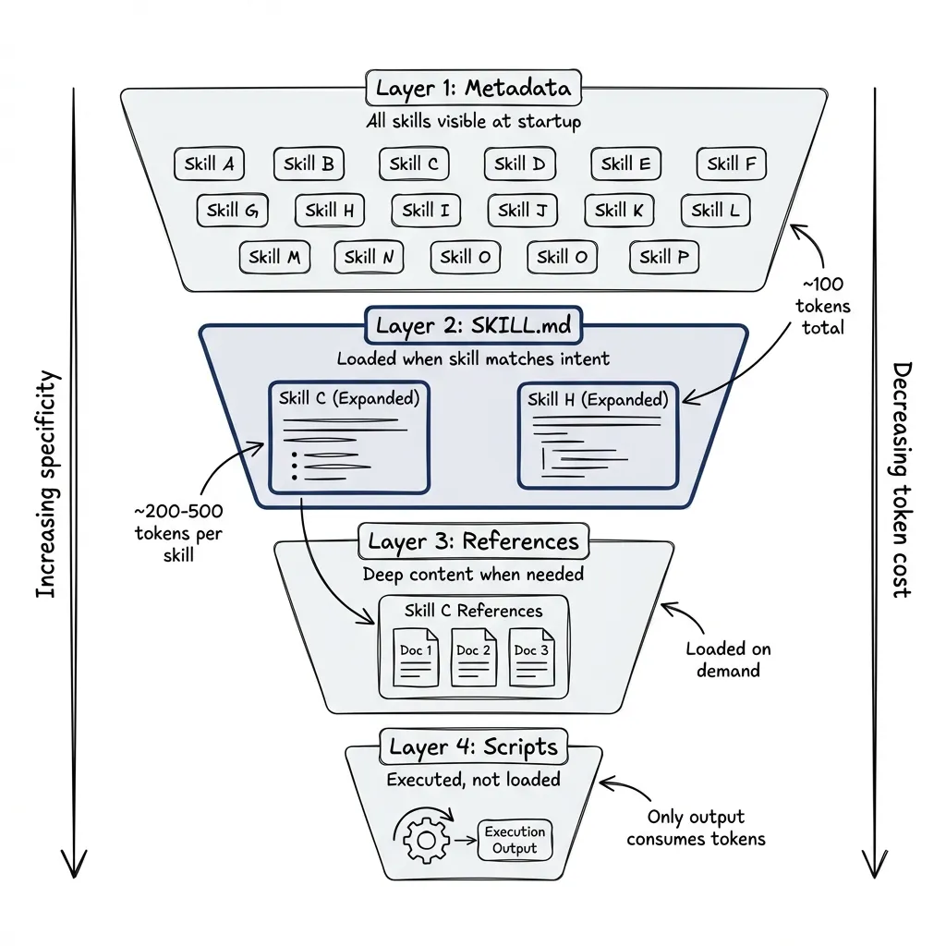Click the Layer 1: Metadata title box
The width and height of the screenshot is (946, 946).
[474, 89]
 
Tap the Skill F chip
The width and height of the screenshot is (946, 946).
[731, 164]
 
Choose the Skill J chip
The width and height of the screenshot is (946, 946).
[522, 211]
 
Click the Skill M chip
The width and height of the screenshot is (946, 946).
[275, 257]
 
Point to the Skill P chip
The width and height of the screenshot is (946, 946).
[663, 257]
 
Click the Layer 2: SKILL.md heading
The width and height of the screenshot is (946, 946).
[474, 326]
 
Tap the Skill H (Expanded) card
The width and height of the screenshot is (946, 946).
[598, 434]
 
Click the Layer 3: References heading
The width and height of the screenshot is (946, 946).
[473, 541]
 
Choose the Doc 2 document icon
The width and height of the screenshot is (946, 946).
[473, 657]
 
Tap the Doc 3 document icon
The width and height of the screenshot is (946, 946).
[531, 657]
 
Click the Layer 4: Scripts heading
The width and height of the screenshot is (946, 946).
[473, 746]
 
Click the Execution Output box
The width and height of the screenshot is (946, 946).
[515, 840]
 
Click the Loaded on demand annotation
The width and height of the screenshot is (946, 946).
[728, 660]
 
